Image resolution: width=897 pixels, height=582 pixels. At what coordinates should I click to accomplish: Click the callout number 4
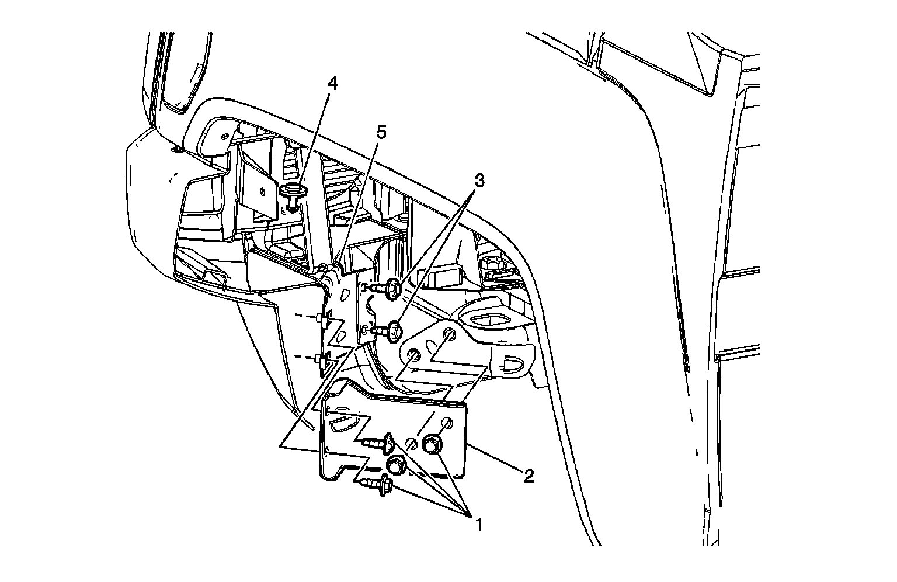point(332,84)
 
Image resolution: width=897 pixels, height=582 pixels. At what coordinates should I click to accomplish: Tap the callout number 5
point(380,132)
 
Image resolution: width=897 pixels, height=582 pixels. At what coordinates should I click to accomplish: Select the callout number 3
point(478,181)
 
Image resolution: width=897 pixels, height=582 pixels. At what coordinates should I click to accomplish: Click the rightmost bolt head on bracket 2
point(432,444)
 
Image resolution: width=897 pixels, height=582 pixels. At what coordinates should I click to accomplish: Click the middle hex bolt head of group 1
point(397,465)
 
